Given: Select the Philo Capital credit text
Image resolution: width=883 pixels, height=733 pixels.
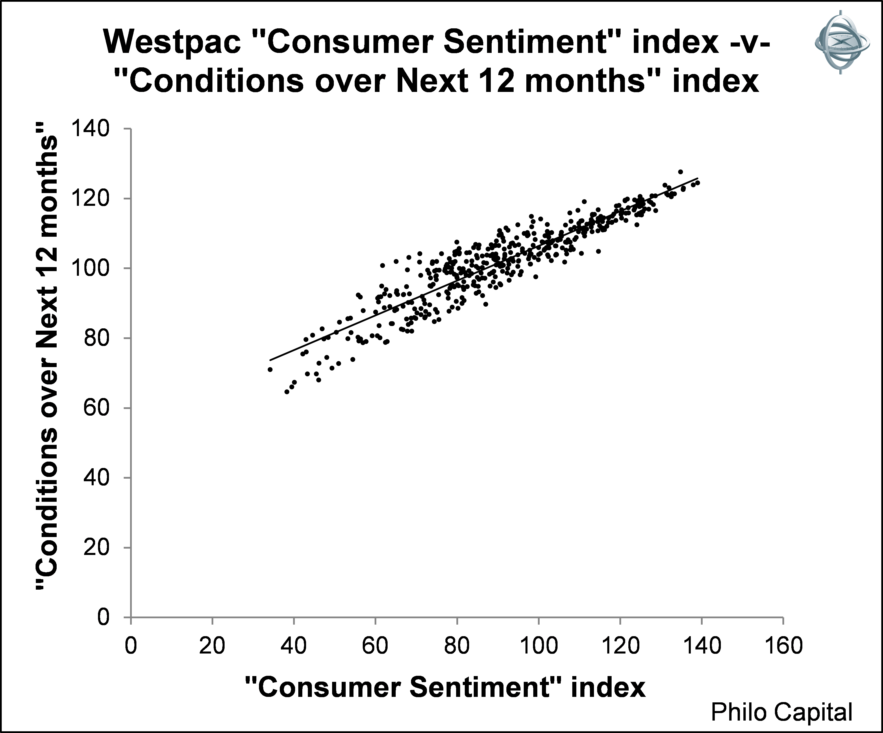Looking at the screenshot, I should [x=781, y=712].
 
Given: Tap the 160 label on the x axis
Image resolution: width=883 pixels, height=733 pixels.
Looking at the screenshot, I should [x=783, y=645].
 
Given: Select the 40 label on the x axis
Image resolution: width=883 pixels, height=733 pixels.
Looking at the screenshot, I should [x=293, y=645].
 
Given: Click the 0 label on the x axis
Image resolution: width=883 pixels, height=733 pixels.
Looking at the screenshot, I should [x=131, y=645].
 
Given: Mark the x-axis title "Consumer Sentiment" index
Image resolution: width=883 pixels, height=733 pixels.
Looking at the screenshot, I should [x=445, y=687].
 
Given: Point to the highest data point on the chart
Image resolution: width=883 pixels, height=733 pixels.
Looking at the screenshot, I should [x=680, y=172].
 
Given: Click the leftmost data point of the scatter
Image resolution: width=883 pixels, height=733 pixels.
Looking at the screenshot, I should [x=270, y=369].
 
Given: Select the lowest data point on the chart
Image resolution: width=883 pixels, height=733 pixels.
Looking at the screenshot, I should [x=287, y=392].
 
